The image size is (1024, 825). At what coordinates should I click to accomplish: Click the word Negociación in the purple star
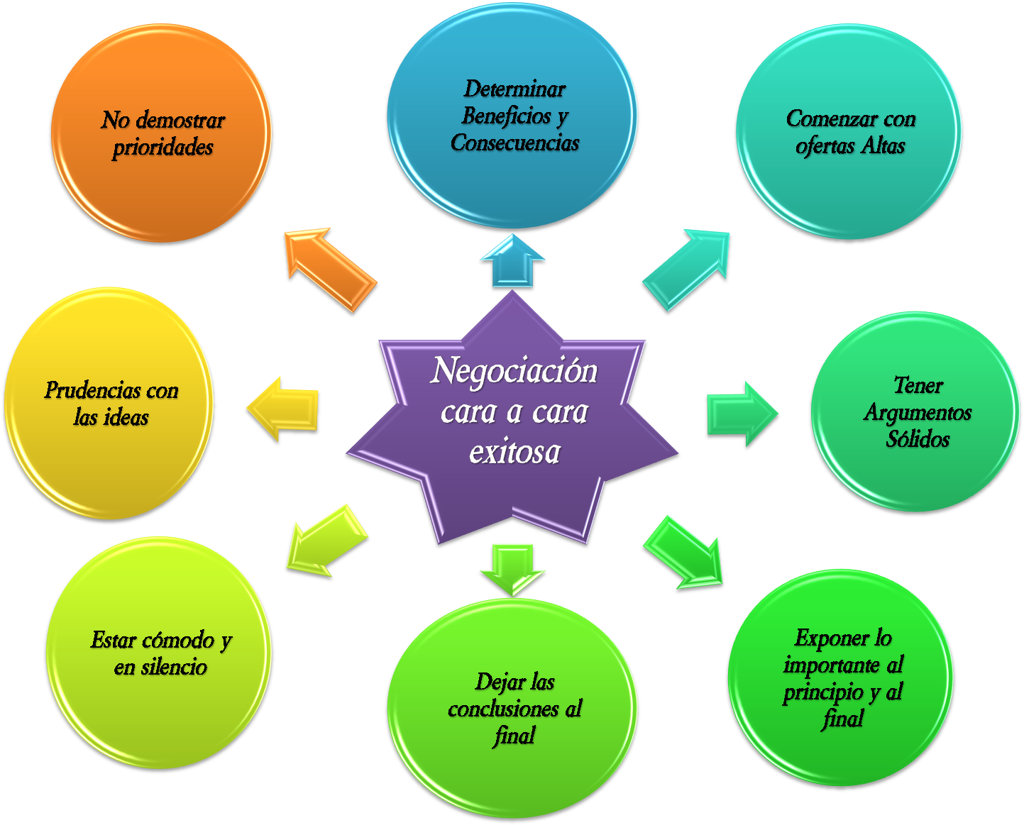pyautogui.click(x=514, y=372)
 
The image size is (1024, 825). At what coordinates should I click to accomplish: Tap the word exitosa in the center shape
pyautogui.click(x=514, y=452)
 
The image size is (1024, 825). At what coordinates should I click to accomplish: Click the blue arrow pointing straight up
pyautogui.click(x=512, y=261)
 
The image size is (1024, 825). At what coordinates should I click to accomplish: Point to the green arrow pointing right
pyautogui.click(x=742, y=414)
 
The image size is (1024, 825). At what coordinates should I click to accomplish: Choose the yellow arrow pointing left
pyautogui.click(x=283, y=409)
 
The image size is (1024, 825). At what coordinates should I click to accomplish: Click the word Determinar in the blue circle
pyautogui.click(x=514, y=89)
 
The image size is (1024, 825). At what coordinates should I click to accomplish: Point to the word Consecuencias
pyautogui.click(x=515, y=143)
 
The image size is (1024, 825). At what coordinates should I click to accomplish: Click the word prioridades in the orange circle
pyautogui.click(x=163, y=148)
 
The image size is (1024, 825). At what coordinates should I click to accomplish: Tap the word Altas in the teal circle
pyautogui.click(x=883, y=146)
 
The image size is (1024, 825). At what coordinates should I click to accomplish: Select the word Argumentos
pyautogui.click(x=918, y=413)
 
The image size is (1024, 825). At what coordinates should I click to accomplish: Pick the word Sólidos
pyautogui.click(x=918, y=440)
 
